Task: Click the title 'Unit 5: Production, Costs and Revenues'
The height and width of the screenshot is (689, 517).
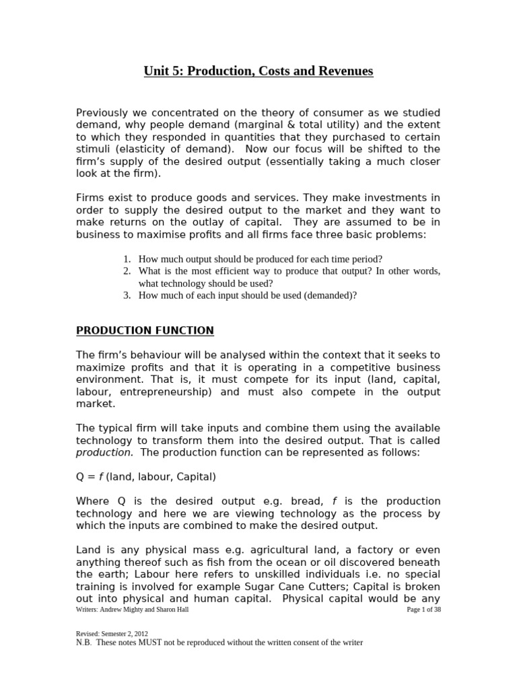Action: tap(258, 71)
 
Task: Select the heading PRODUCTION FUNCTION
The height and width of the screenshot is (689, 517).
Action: tap(145, 330)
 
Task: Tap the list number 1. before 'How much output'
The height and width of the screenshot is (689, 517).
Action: tap(127, 259)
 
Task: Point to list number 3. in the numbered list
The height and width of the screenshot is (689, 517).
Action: tap(127, 295)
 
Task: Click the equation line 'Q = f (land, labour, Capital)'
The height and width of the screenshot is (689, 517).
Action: tap(146, 477)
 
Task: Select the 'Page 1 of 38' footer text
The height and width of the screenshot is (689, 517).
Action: tap(424, 610)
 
